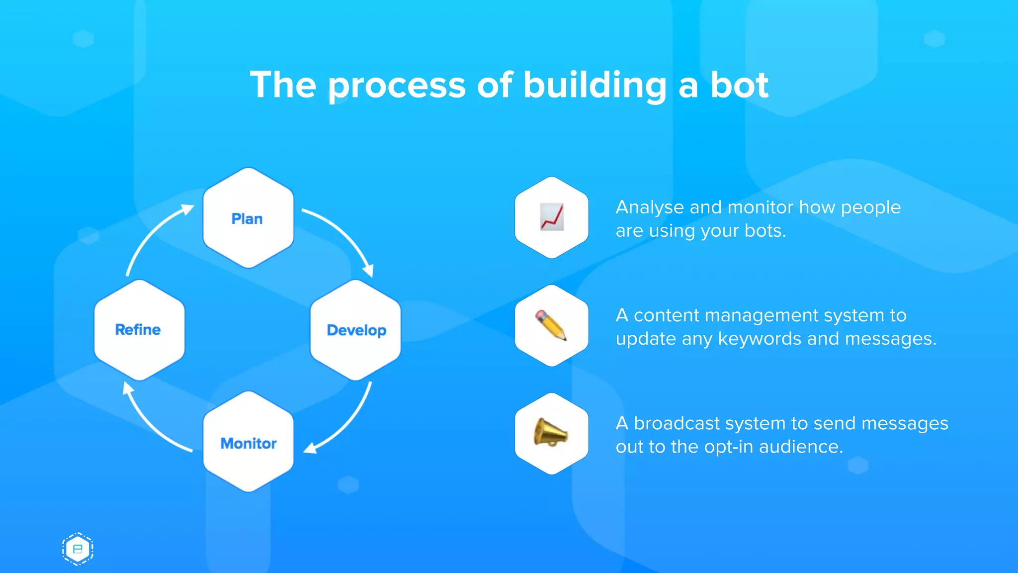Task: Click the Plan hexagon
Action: (248, 218)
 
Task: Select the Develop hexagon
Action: (355, 330)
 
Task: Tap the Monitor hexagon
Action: (248, 442)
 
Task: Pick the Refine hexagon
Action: (139, 330)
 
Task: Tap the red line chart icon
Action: (552, 217)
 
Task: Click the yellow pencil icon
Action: (551, 325)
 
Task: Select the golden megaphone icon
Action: (550, 433)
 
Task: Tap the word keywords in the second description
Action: (760, 339)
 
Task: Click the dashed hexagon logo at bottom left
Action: (78, 549)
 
